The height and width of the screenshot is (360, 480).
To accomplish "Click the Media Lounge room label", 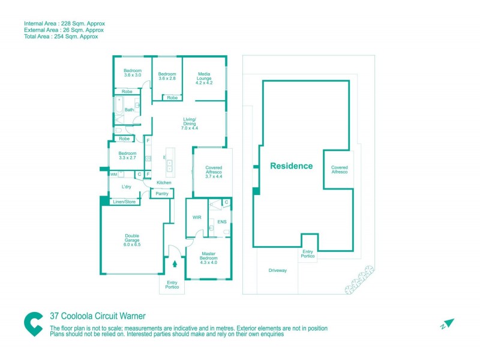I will click(205, 79).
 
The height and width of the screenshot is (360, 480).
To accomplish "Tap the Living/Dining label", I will click(190, 124).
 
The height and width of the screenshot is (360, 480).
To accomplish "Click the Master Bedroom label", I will click(209, 257).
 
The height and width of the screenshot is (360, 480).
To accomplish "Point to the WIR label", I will click(196, 217).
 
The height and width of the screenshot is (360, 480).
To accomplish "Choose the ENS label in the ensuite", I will click(221, 221).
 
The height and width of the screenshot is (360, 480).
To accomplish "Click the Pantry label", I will click(161, 194).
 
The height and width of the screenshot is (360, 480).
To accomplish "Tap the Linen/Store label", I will click(124, 202).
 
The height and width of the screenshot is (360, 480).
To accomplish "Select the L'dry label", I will click(127, 187).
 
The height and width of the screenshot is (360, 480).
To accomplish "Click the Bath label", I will click(129, 110).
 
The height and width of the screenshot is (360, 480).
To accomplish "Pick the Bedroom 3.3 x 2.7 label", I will click(127, 156).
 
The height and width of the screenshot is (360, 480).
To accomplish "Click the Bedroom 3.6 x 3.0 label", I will click(133, 73).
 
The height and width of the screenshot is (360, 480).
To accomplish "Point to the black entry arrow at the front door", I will click(175, 262).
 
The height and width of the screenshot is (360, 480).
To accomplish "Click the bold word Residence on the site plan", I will click(291, 166).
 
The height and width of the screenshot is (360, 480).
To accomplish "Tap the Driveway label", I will click(277, 271).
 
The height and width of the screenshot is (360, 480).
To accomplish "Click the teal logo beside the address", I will click(33, 324).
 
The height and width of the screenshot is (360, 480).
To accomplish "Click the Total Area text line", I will click(61, 37).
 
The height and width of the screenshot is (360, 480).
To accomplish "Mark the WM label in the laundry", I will click(113, 175).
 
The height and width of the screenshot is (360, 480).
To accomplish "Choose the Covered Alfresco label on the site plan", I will click(339, 170).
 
